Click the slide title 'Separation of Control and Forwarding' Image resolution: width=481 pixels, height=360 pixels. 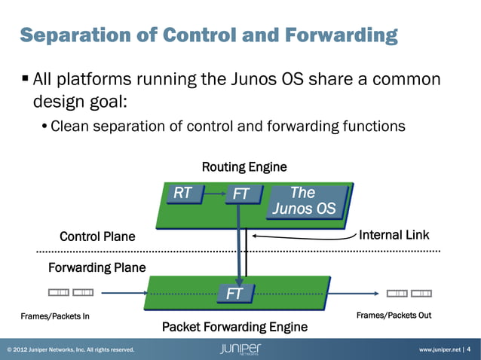click(x=208, y=35)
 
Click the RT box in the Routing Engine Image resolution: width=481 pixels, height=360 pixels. click(x=183, y=194)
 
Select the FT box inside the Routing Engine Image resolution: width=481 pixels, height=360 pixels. click(x=240, y=194)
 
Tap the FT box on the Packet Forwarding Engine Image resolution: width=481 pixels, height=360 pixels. click(x=234, y=293)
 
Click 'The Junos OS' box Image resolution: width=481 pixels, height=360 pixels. click(x=304, y=200)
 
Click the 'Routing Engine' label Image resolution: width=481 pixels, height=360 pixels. click(x=244, y=166)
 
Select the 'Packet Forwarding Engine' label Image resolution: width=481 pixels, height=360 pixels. click(x=234, y=327)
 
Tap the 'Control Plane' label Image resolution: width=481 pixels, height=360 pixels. click(x=97, y=236)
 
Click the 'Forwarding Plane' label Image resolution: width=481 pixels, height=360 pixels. click(x=97, y=267)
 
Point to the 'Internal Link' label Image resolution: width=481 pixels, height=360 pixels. click(x=394, y=235)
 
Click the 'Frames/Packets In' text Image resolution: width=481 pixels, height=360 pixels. click(x=54, y=316)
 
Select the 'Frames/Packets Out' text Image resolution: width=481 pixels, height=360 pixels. click(x=394, y=316)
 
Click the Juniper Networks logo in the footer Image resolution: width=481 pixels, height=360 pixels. click(x=240, y=349)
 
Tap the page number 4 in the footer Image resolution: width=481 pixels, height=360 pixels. click(x=469, y=349)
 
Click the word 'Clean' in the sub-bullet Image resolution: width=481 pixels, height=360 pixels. click(x=69, y=126)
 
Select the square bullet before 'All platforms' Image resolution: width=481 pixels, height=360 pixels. click(x=25, y=78)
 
